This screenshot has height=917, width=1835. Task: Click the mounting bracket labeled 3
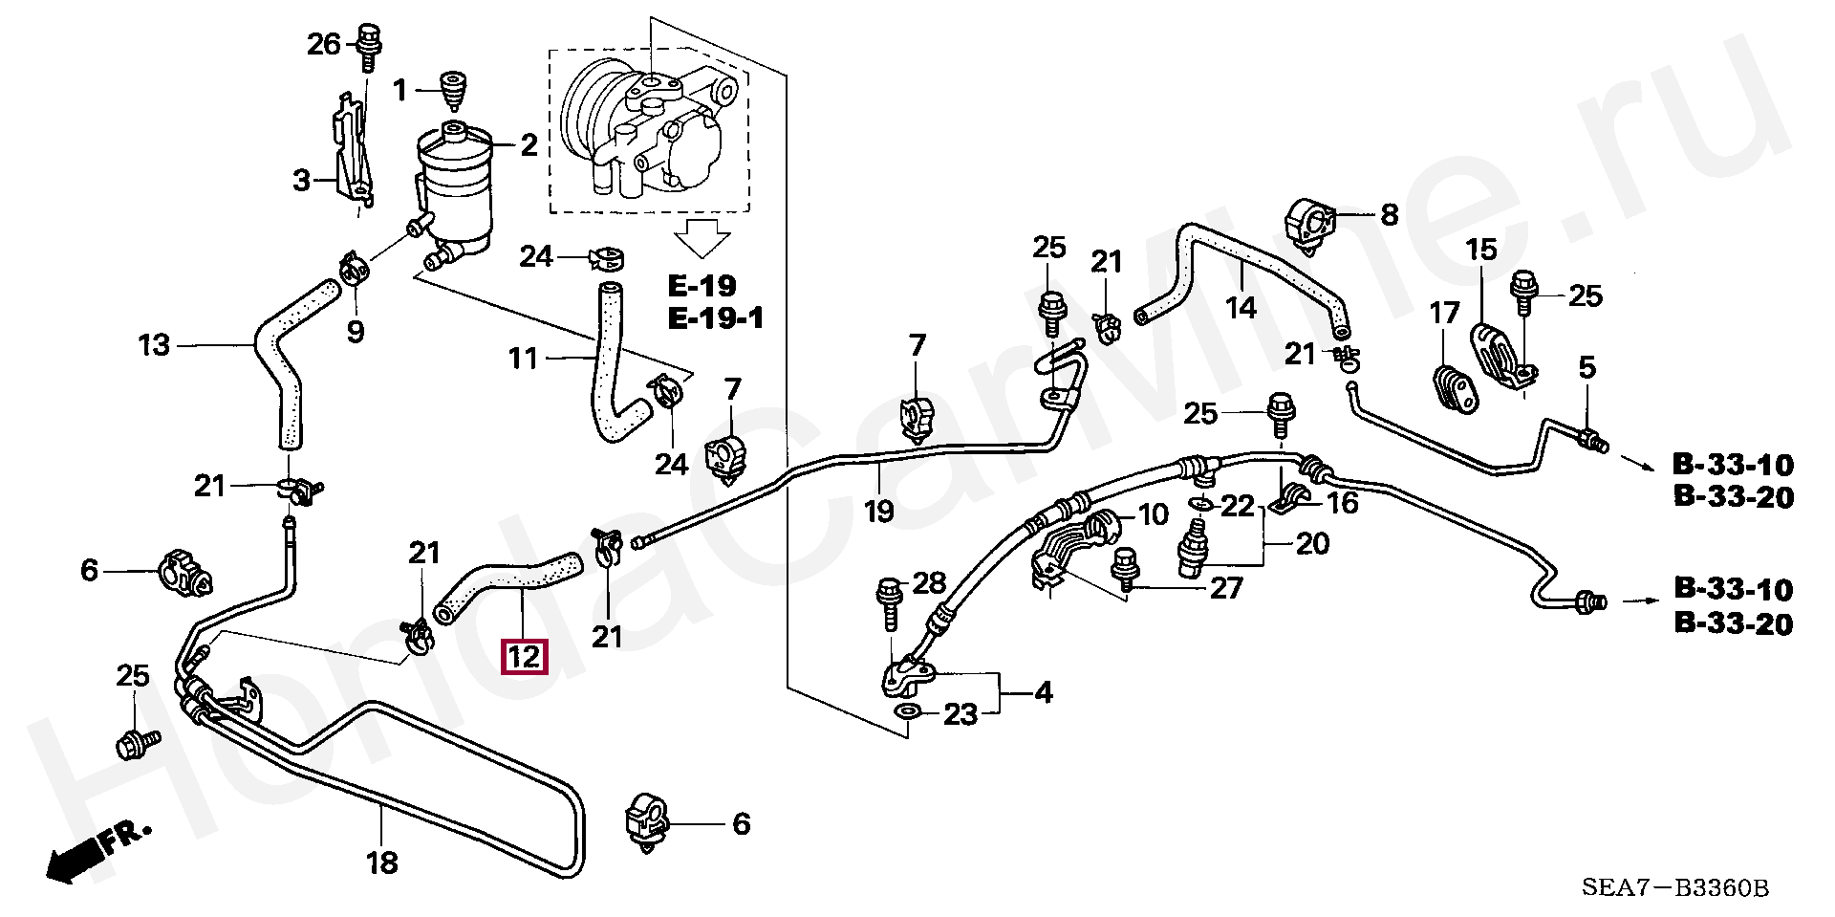(x=350, y=153)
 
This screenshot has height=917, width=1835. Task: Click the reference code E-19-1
(x=716, y=317)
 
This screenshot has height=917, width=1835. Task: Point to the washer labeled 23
(x=907, y=712)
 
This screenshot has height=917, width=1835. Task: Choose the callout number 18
(x=381, y=862)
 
